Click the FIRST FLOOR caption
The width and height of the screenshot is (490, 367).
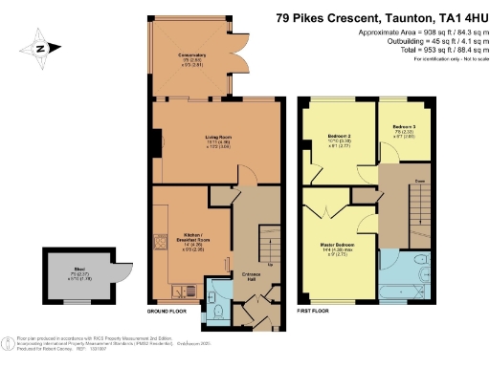316,313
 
